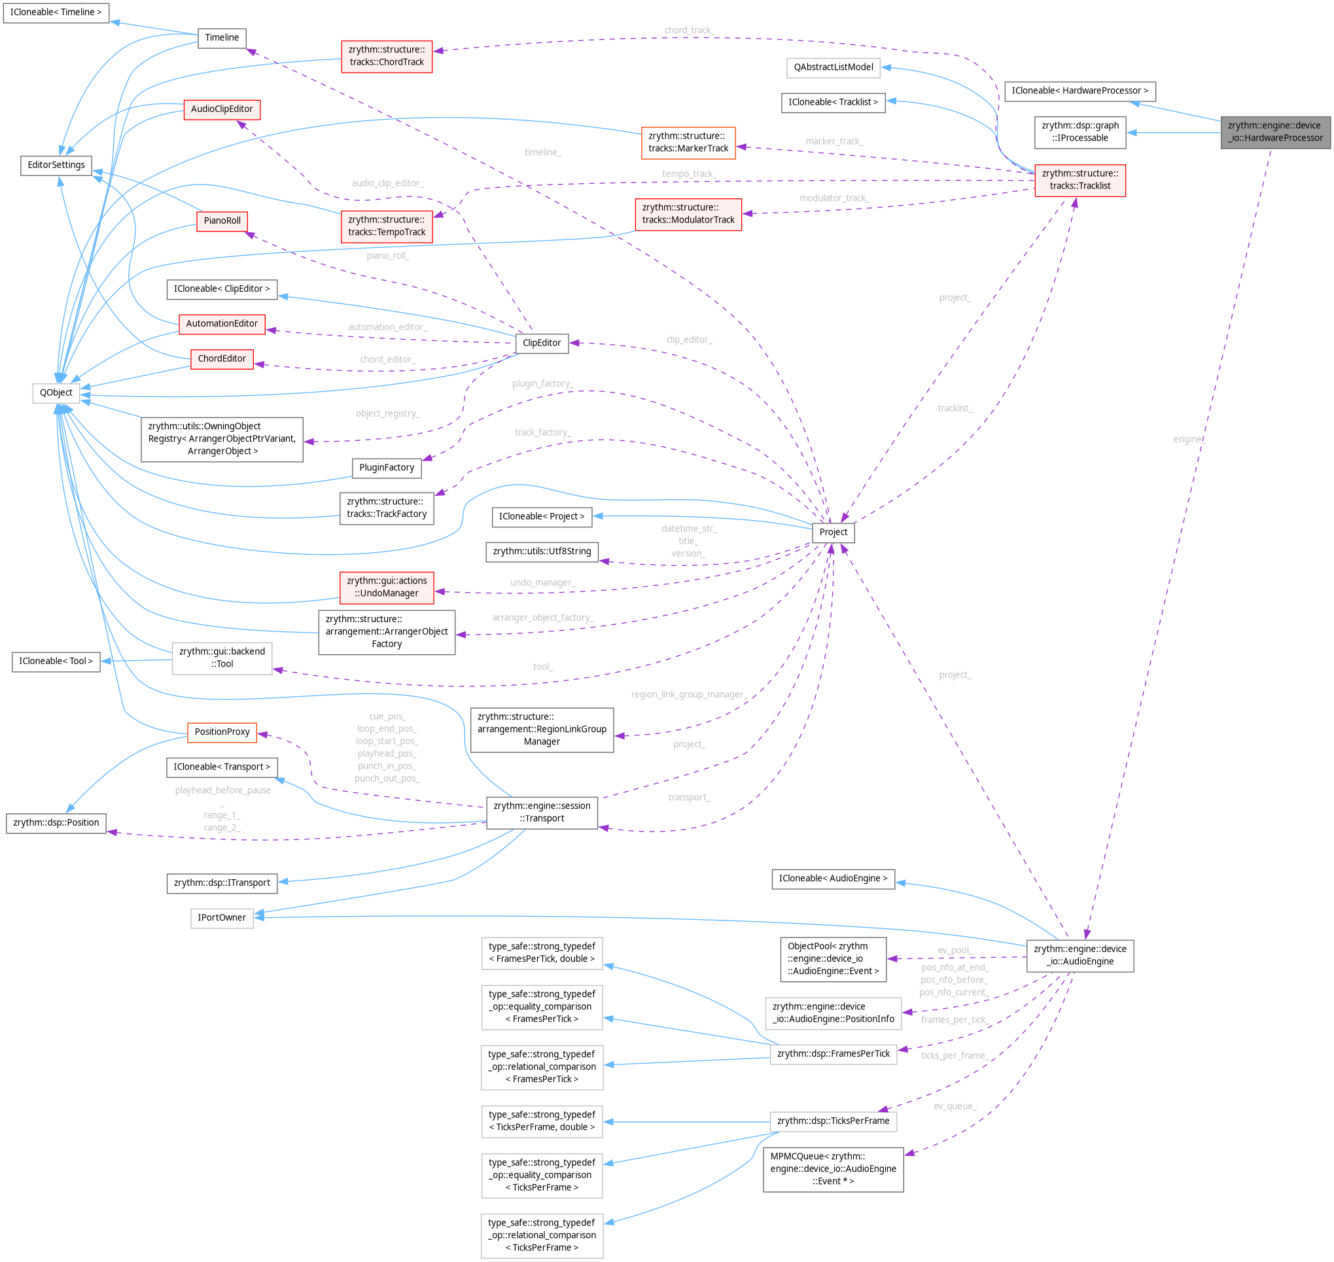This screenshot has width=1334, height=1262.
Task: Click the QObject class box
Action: point(56,393)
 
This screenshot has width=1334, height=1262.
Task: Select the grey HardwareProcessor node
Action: point(1275,132)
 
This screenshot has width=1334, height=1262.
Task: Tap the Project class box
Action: point(833,532)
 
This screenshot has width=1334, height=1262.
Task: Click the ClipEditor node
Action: point(542,343)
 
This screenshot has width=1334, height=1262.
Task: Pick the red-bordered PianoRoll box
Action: point(222,220)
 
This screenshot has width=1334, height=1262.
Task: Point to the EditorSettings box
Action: point(56,165)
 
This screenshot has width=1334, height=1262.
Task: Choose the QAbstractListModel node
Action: point(833,67)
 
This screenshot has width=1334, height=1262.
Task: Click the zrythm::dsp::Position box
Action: point(56,823)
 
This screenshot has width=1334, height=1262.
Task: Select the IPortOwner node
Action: point(221,918)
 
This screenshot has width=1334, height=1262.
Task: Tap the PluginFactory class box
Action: point(386,468)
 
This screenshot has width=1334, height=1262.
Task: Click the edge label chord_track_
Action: point(688,30)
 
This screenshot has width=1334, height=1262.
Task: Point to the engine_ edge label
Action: point(1189,439)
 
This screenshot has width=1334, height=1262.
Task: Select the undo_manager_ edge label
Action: point(542,582)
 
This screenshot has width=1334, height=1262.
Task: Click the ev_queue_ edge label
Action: point(955,1106)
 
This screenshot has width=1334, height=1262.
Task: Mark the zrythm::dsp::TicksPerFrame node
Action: point(833,1121)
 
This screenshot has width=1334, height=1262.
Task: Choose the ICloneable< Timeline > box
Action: point(56,12)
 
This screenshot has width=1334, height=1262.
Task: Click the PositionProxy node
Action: point(222,732)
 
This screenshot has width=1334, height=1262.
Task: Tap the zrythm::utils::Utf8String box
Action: point(542,552)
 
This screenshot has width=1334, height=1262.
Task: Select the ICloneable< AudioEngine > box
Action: point(833,879)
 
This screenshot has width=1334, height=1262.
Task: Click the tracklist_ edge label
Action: point(955,408)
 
